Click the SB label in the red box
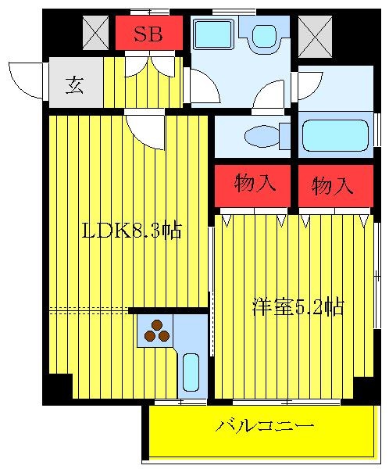coord(148,34)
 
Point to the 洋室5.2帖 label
coord(298,306)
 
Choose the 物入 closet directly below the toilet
coord(255,185)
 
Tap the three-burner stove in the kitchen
coord(156,331)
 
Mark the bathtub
coord(334,134)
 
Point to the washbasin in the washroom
coord(264,34)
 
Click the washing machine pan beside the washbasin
coord(212,34)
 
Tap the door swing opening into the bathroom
coord(309,85)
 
